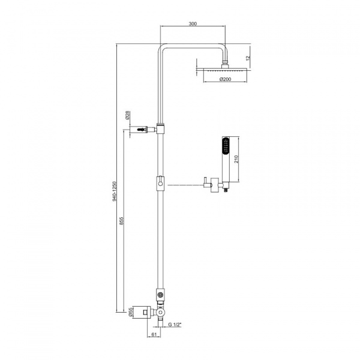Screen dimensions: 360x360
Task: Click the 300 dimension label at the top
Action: (193, 23)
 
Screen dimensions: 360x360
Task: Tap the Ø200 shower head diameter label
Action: (225, 79)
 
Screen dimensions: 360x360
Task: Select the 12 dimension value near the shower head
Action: (248, 58)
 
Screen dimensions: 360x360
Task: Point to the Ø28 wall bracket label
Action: (128, 115)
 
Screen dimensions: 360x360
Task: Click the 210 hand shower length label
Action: (236, 159)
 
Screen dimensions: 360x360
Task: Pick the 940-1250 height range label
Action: (115, 191)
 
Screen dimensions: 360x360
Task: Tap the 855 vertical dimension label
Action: (122, 221)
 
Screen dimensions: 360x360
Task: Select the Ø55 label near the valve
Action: (130, 312)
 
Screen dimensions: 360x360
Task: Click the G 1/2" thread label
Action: (175, 325)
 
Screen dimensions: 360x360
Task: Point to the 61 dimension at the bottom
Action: (154, 335)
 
